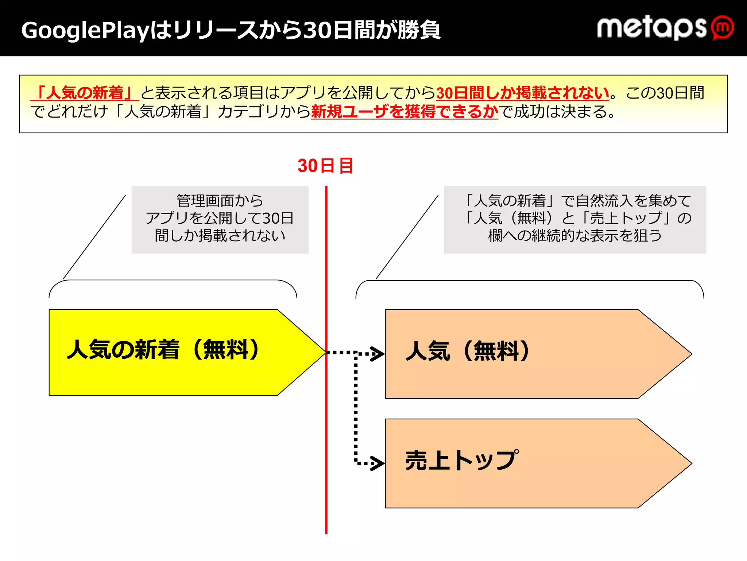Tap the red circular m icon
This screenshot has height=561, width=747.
coord(723,27)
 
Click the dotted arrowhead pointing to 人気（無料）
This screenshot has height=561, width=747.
coord(378,354)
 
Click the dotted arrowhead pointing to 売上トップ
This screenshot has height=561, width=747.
coord(378,463)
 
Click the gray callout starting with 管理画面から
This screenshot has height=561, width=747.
coord(220,219)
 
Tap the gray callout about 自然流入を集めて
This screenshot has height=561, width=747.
coord(575,219)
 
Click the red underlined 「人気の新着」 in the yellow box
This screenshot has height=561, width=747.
coord(85,93)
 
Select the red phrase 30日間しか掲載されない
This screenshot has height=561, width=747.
coord(522,93)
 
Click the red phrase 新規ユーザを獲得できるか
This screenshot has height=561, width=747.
coord(404,111)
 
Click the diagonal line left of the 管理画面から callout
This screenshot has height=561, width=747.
coord(94,237)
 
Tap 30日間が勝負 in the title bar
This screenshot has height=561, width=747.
coord(372,30)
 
